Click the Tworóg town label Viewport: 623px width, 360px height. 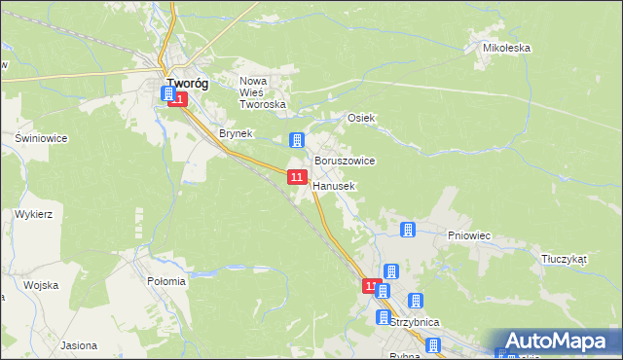click(x=187, y=84)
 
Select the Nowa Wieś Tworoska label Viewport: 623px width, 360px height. click(x=262, y=92)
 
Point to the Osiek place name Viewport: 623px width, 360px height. click(x=362, y=118)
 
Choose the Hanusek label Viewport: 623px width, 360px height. click(x=334, y=185)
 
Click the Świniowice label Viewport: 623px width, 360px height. click(x=41, y=138)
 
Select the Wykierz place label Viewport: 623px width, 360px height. click(x=33, y=213)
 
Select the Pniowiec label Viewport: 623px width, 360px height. click(x=467, y=234)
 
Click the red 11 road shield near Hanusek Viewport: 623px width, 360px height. click(x=297, y=176)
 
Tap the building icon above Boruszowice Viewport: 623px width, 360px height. click(x=297, y=140)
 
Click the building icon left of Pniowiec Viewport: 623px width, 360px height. click(x=408, y=231)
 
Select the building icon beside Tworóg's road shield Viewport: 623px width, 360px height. click(x=167, y=94)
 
